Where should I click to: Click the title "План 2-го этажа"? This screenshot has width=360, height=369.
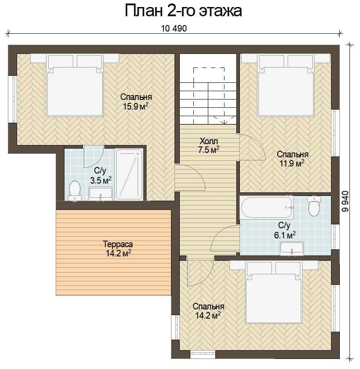pyautogui.click(x=183, y=11)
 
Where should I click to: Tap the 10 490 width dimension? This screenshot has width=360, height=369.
pyautogui.click(x=174, y=28)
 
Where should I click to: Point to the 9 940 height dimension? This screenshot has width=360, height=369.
pyautogui.click(x=345, y=201)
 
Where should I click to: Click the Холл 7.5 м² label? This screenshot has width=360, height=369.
pyautogui.click(x=209, y=145)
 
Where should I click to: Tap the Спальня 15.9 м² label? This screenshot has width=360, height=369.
pyautogui.click(x=136, y=102)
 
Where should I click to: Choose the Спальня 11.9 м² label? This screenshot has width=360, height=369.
pyautogui.click(x=292, y=159)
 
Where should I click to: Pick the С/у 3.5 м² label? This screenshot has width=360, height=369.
pyautogui.click(x=100, y=176)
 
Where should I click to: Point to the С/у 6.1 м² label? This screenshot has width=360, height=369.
pyautogui.click(x=285, y=230)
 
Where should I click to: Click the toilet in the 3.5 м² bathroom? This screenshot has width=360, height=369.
pyautogui.click(x=75, y=190)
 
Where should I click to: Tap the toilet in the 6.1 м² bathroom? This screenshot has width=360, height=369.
pyautogui.click(x=314, y=206)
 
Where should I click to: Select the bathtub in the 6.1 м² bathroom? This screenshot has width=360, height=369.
pyautogui.click(x=267, y=208)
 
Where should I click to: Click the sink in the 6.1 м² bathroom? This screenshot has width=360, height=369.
pyautogui.click(x=292, y=248)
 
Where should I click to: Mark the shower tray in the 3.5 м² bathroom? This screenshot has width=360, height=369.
pyautogui.click(x=129, y=174)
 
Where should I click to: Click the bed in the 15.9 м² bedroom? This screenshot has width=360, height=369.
pyautogui.click(x=75, y=85)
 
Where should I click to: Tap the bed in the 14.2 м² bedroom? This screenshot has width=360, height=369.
pyautogui.click(x=274, y=292)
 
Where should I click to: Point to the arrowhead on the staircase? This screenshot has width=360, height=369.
pyautogui.click(x=225, y=122)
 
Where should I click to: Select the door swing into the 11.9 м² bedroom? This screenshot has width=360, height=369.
pyautogui.click(x=253, y=147)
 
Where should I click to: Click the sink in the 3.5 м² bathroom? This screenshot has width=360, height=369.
pyautogui.click(x=100, y=194)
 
